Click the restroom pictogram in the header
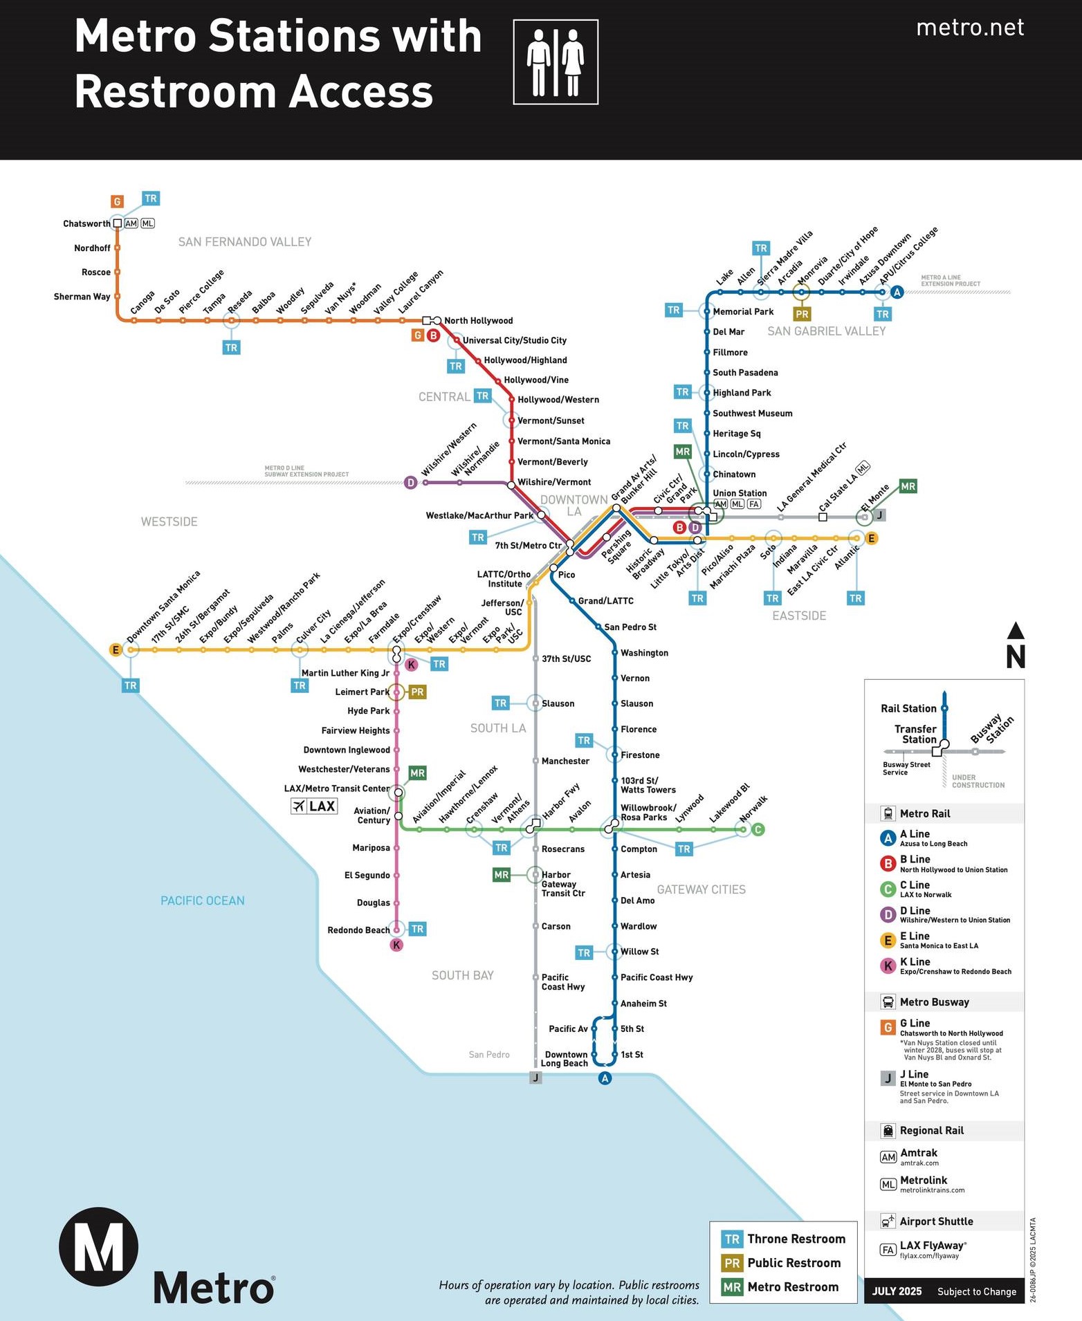556,62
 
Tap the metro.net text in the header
969,28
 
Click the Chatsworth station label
86,223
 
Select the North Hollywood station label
478,320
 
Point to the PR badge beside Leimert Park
417,692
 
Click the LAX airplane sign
314,806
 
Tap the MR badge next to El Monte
908,486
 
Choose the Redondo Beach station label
358,930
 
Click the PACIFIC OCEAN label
202,900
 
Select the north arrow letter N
1015,656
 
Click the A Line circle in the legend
888,838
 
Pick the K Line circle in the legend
888,966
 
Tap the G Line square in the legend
888,1027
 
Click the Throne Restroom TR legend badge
732,1239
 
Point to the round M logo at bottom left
98,1246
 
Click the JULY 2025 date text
897,1291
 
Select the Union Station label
740,493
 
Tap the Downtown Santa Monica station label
163,607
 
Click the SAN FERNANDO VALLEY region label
245,241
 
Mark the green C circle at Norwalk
758,829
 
